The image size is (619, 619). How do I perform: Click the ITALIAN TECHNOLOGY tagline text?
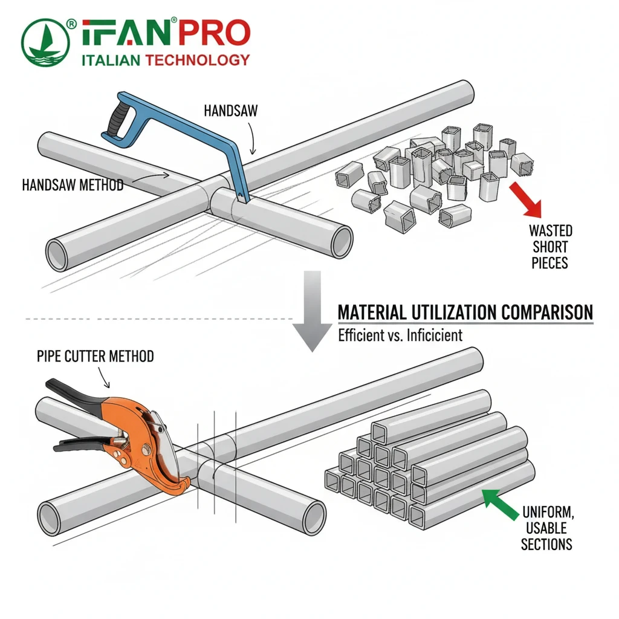click(164, 60)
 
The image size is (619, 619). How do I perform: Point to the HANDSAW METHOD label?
click(73, 185)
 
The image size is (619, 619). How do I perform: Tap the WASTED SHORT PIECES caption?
click(550, 246)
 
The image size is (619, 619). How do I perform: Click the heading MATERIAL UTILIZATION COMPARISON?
click(465, 313)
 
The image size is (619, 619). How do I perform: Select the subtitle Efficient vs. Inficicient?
click(400, 334)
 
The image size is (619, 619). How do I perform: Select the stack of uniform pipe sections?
click(423, 465)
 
